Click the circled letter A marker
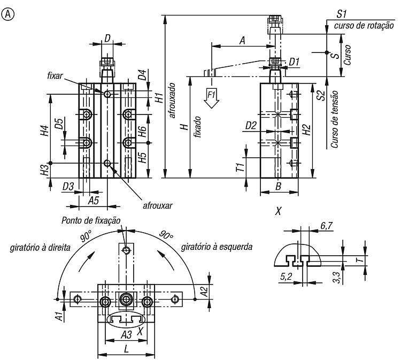point(8,14)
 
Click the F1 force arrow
point(212,98)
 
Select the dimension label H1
point(159,98)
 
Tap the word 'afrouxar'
point(158,205)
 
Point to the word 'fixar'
point(55,76)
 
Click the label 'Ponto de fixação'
point(91,220)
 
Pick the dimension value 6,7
point(326,226)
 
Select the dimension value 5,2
point(286,277)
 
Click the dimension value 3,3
point(337,278)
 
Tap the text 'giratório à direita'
point(40,248)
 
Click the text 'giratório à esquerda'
point(217,247)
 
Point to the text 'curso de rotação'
point(364,26)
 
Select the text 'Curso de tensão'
point(335,119)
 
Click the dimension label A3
point(126,334)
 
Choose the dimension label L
point(126,349)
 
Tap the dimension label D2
point(251,125)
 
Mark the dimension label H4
point(45,131)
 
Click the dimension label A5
point(94,201)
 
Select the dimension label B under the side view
point(279,186)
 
